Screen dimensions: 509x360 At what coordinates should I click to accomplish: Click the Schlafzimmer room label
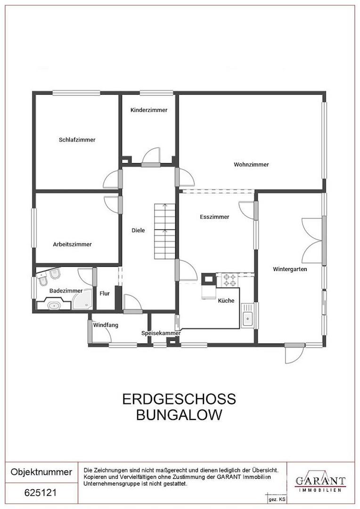[x=77, y=140]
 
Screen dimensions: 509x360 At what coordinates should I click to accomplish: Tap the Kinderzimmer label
[x=149, y=110]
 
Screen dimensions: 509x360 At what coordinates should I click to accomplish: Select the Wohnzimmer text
[x=251, y=164]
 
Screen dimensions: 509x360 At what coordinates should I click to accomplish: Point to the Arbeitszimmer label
[x=72, y=244]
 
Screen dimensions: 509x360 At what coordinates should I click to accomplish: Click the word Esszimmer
[x=214, y=217]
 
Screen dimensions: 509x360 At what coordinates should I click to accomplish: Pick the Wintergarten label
[x=290, y=269]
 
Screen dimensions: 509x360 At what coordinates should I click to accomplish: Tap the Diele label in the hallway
[x=138, y=230]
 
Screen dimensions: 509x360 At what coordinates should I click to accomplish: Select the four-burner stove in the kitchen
[x=229, y=280]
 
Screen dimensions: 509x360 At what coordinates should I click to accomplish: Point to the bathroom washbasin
[x=55, y=305]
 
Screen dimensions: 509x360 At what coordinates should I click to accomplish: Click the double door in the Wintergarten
[x=312, y=240]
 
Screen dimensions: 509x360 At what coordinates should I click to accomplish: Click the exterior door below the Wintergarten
[x=294, y=353]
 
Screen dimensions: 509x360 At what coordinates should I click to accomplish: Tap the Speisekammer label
[x=161, y=333]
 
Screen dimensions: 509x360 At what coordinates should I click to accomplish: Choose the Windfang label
[x=106, y=325]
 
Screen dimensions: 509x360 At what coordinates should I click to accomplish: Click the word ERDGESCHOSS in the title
[x=179, y=399]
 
